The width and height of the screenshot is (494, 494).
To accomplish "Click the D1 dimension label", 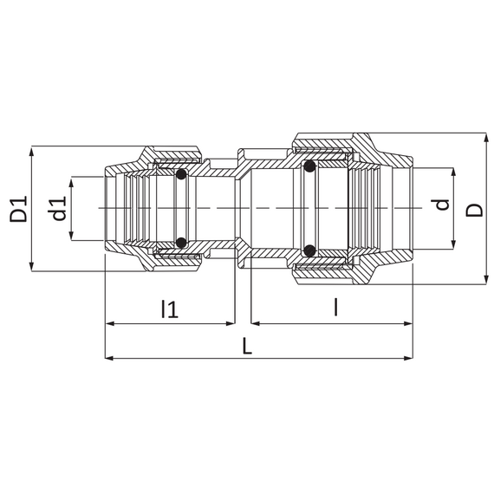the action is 18,209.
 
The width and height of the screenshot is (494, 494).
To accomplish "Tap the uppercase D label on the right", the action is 474,210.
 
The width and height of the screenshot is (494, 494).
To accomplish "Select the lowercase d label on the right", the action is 442,205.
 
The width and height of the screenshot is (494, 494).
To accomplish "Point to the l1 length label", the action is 170,309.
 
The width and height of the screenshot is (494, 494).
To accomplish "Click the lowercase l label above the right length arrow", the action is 336,307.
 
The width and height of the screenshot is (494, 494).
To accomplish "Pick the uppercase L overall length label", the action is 247,345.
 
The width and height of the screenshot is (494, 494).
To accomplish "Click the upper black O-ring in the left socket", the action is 181,174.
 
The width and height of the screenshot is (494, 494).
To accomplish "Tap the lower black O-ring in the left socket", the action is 181,243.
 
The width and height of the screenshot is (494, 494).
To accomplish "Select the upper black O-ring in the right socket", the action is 310,166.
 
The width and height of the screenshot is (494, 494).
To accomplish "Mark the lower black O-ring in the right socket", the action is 310,250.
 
